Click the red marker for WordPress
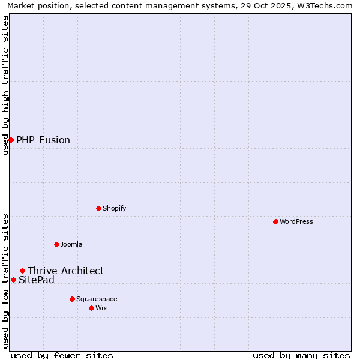point(275,221)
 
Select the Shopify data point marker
point(98,208)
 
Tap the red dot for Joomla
point(56,244)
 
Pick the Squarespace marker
point(72,299)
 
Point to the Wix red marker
point(91,308)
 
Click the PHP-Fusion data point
point(11,140)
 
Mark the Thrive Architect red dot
point(22,271)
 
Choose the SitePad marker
point(13,280)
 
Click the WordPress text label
point(296,221)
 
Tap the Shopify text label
point(114,208)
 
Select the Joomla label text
point(71,244)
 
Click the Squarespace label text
point(97,299)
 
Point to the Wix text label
point(101,308)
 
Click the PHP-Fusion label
point(43,140)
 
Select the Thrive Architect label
point(65,271)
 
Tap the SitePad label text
point(37,280)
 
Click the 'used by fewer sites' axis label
point(62,355)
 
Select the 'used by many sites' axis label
point(301,355)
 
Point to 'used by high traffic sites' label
point(5,85)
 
